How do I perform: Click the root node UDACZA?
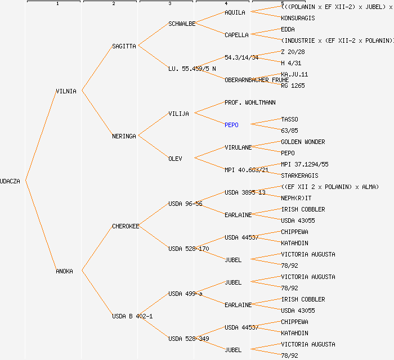(x=10, y=181)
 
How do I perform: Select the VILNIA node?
(x=66, y=91)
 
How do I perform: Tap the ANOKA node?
(x=64, y=271)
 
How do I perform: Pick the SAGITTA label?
(x=124, y=46)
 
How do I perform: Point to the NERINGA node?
(x=124, y=136)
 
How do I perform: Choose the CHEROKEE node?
(x=126, y=226)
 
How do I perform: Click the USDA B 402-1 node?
(x=132, y=316)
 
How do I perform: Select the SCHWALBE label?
(x=182, y=24)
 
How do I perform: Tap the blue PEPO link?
(x=231, y=125)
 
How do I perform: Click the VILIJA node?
(x=178, y=114)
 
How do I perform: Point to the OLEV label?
(x=175, y=159)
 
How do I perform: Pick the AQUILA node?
(x=235, y=12)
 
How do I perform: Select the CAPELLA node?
(x=236, y=35)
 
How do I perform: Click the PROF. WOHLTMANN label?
(x=250, y=102)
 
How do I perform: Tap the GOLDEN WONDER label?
(x=303, y=142)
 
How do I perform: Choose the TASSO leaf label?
(x=289, y=119)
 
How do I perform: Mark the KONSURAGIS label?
(x=298, y=18)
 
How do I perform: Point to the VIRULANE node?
(x=238, y=147)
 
